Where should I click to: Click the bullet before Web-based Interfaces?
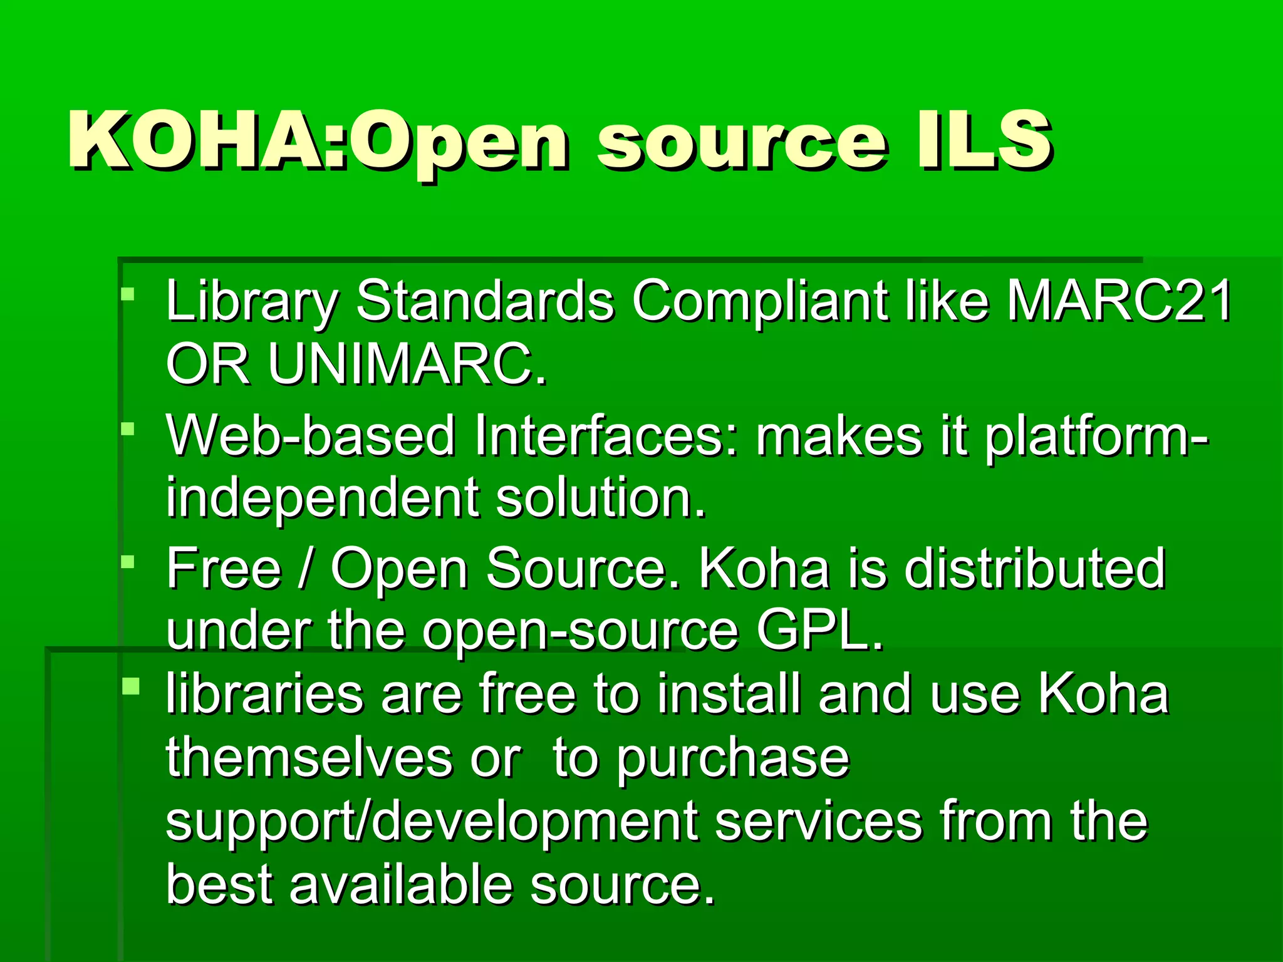point(128,429)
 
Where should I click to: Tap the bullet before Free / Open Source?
point(128,562)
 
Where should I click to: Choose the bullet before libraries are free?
point(130,686)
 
